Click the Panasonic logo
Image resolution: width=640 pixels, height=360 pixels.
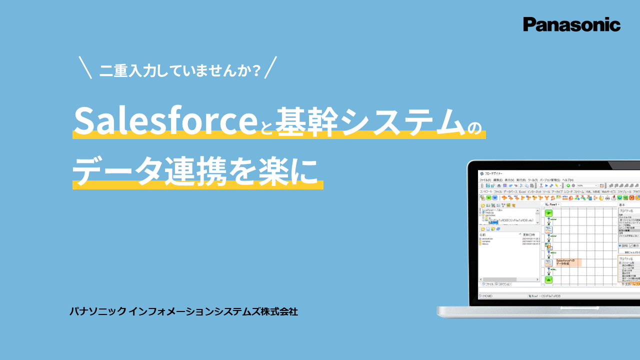571,24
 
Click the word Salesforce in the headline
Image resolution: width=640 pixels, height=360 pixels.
164,120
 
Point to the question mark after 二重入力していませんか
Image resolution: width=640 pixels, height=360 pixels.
257,70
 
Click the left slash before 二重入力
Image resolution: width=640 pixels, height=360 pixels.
85,68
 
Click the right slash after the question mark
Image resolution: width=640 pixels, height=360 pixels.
270,68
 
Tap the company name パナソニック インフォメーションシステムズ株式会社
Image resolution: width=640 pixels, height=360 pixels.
183,311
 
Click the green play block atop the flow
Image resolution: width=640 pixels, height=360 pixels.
548,213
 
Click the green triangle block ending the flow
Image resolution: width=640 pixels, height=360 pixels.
548,280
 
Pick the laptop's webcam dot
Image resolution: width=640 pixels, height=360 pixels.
578,165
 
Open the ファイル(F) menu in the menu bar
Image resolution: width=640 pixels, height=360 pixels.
485,179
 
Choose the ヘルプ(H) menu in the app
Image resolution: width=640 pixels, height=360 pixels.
567,179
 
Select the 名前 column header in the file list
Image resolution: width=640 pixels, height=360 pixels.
483,234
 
